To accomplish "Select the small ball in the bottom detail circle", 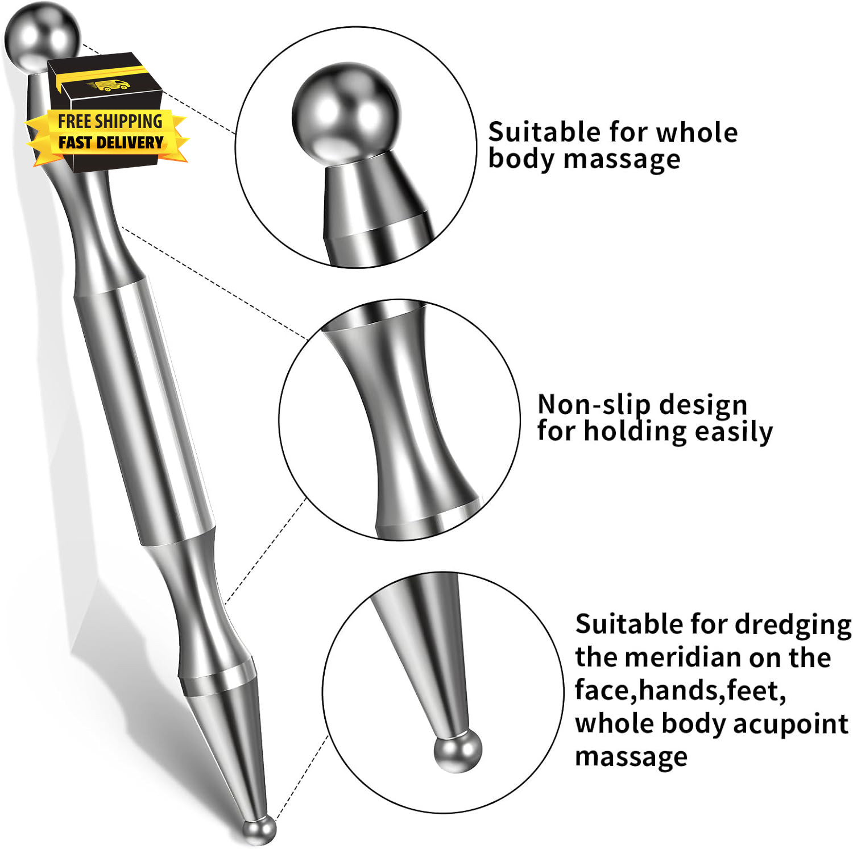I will [x=457, y=751].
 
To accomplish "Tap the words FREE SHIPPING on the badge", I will [x=110, y=121].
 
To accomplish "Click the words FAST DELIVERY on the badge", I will [x=111, y=142].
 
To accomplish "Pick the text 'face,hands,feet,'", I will [x=680, y=690].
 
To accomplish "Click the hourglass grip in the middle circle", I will [x=404, y=421].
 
